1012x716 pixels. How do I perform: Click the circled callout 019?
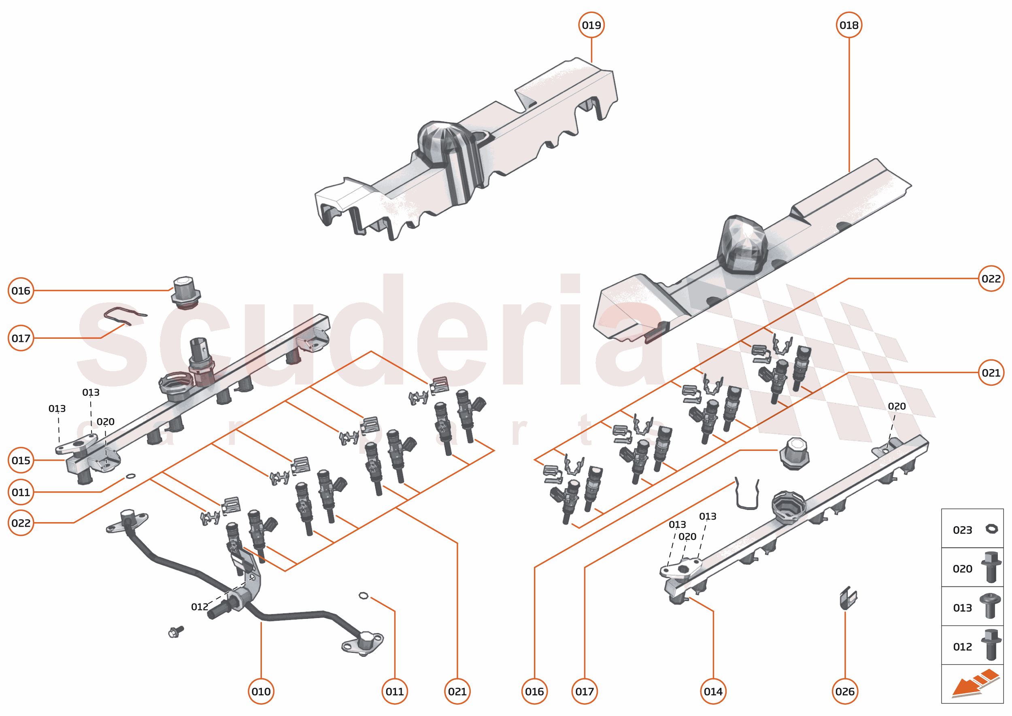click(x=591, y=25)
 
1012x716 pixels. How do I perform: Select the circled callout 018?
click(x=848, y=25)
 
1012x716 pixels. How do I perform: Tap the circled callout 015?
click(x=21, y=460)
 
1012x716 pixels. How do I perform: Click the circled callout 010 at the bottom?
click(x=261, y=691)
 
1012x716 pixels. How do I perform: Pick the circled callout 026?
click(x=844, y=691)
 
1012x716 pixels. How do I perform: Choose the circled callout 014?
click(x=712, y=691)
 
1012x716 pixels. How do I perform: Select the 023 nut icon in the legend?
click(x=991, y=529)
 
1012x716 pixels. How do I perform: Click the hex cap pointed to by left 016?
click(x=186, y=292)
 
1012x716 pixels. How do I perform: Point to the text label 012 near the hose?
click(x=199, y=607)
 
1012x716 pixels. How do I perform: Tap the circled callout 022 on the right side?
click(x=991, y=278)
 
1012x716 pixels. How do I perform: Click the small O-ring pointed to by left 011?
click(x=130, y=476)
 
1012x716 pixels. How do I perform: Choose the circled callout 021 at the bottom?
click(x=457, y=691)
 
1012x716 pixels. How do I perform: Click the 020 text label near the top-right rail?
click(x=896, y=406)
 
